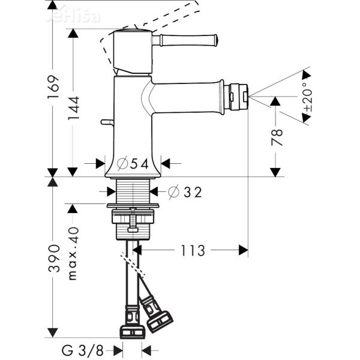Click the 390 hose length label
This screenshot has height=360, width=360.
click(53, 258)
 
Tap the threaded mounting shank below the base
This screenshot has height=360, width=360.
click(133, 191)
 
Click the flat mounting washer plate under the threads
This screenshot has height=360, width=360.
click(133, 206)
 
